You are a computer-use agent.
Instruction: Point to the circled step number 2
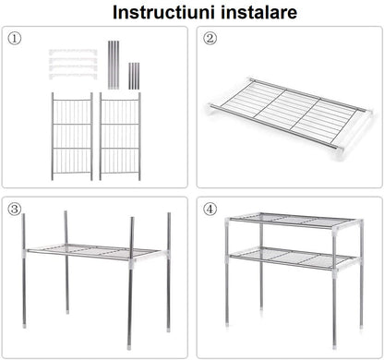point(210,39)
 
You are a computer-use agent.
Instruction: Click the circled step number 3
point(15,209)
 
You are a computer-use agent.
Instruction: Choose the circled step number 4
point(210,209)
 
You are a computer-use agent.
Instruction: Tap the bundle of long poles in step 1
point(114,64)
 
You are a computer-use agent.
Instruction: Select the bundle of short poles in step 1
point(134,75)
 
